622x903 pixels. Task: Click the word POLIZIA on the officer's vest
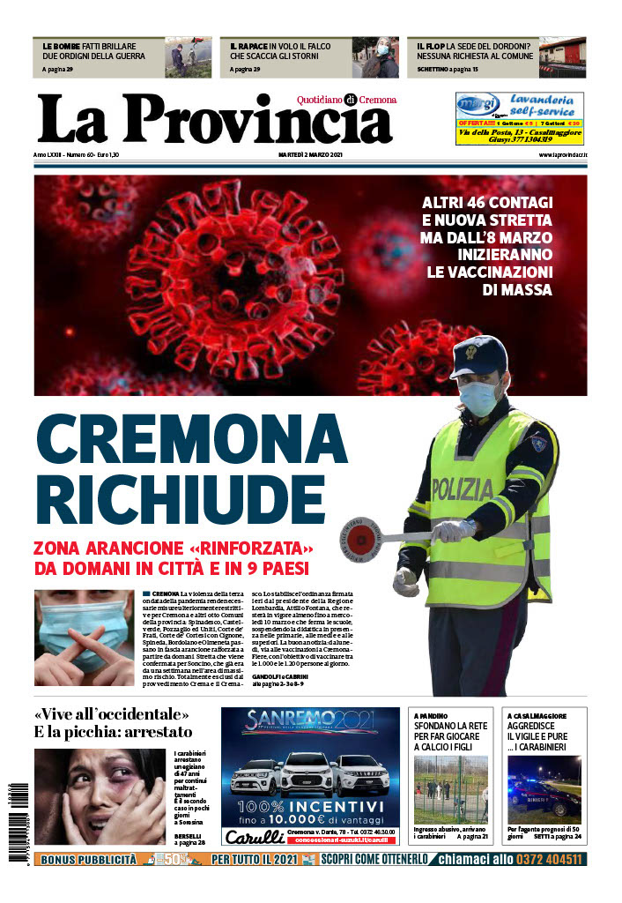tap(463, 487)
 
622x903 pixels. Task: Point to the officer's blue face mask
tap(479, 398)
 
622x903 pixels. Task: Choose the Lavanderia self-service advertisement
tap(519, 118)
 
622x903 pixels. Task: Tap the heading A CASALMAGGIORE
tap(537, 716)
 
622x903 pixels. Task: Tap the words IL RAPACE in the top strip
tap(249, 44)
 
